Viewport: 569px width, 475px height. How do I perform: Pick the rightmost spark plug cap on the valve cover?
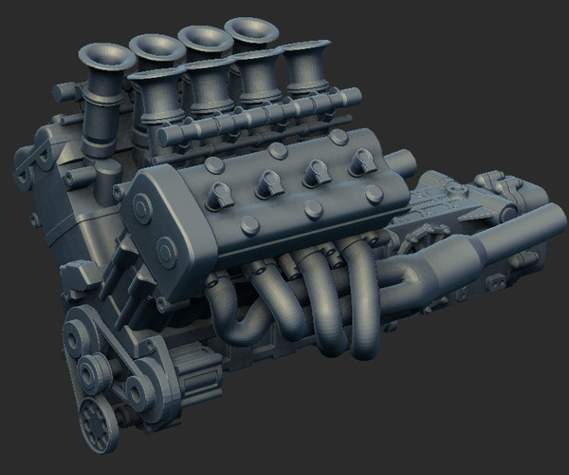(x=361, y=162)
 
